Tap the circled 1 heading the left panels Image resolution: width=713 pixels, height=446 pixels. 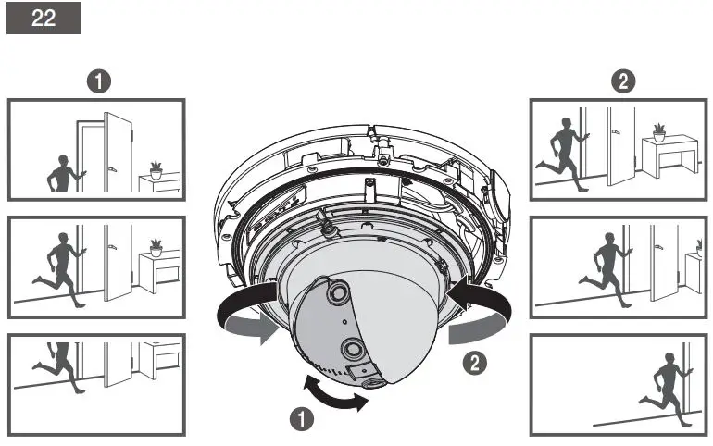pos(95,81)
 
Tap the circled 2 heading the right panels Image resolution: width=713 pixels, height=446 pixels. pos(624,81)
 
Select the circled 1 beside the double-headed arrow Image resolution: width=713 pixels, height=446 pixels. pos(300,418)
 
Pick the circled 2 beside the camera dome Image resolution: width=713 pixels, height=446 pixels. pos(475,364)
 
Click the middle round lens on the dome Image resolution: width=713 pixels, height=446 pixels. pos(353,349)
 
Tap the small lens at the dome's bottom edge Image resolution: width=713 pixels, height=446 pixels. pos(374,381)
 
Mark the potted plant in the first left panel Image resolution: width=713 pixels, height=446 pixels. pos(156,169)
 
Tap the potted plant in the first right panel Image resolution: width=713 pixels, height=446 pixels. pos(659,130)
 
